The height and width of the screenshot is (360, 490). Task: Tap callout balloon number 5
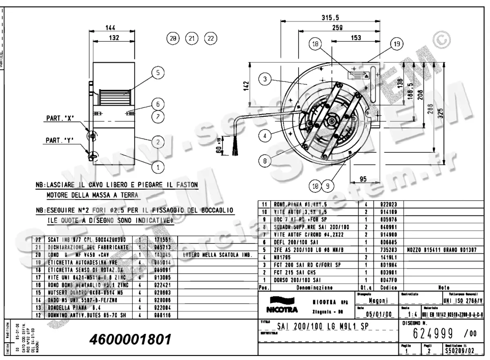point(158,73)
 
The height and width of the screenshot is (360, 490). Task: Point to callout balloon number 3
point(265,79)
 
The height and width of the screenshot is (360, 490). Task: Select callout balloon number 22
point(210,38)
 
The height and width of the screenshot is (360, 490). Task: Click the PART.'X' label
point(59,119)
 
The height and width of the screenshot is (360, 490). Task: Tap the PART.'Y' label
point(59,141)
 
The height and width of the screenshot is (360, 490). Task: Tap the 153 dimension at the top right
point(356,38)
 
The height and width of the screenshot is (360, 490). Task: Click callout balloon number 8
point(265,161)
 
